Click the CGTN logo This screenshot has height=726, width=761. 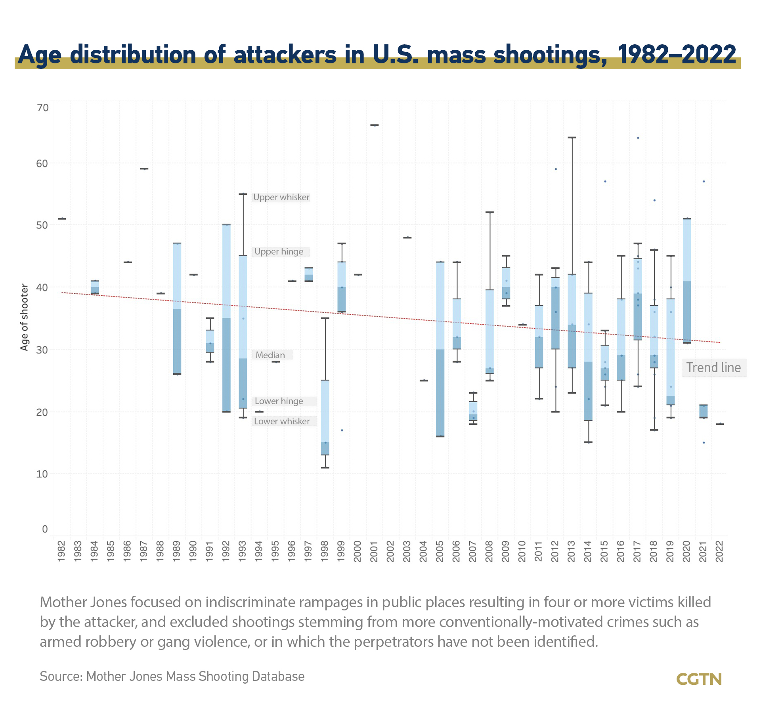[699, 679]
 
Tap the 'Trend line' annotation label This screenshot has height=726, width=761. [713, 368]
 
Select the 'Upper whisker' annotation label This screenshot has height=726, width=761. [281, 197]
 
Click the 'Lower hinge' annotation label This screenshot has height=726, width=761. [279, 401]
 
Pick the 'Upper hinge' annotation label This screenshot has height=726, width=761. [279, 251]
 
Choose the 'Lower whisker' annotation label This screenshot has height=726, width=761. [282, 421]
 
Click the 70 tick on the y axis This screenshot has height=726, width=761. [43, 108]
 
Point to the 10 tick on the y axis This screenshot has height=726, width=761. [42, 474]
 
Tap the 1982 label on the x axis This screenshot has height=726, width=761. [61, 551]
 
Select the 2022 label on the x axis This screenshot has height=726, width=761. [719, 551]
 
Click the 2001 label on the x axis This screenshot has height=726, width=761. [374, 551]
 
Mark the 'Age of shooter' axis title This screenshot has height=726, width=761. [25, 317]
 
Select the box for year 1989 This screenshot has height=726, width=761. [177, 309]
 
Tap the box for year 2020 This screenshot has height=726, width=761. [687, 281]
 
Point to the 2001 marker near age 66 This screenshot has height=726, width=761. [374, 125]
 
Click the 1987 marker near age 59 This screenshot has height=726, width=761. [144, 169]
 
